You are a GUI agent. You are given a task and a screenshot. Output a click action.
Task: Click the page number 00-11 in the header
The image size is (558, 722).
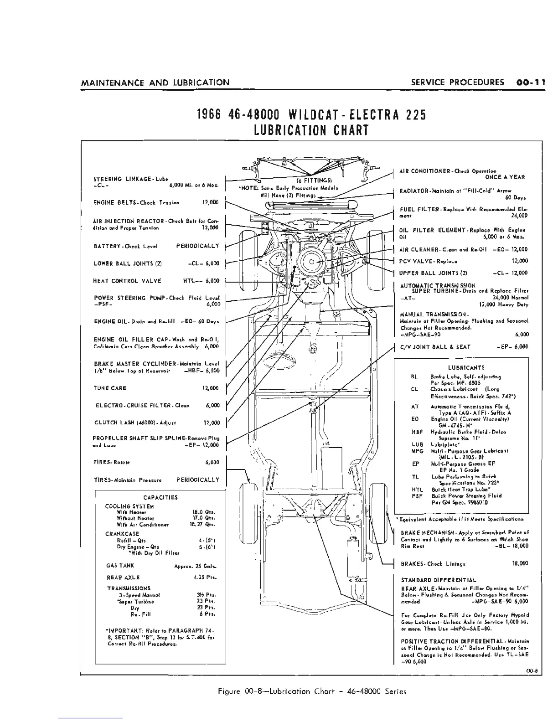click(x=532, y=82)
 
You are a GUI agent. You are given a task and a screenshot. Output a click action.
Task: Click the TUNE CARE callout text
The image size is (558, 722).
click(x=110, y=388)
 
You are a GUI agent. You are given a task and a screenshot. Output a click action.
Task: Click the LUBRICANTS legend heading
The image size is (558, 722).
click(x=460, y=367)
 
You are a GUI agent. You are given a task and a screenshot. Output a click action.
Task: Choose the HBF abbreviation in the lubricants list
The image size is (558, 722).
click(x=415, y=431)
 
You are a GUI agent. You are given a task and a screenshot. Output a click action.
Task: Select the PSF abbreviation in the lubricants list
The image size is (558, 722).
click(x=415, y=495)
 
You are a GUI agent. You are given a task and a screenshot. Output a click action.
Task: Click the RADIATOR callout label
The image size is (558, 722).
click(x=416, y=191)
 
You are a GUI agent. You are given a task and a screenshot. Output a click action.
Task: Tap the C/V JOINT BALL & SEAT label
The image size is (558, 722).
click(x=435, y=347)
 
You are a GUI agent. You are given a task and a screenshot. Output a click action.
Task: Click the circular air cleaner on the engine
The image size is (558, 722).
click(x=312, y=262)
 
